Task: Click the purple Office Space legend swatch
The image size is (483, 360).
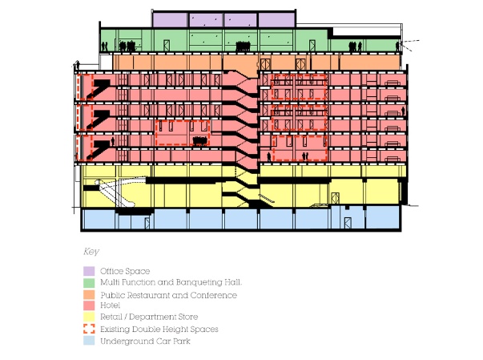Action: (x=89, y=271)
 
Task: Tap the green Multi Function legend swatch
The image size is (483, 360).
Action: (x=89, y=283)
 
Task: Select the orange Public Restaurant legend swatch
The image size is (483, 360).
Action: (x=89, y=295)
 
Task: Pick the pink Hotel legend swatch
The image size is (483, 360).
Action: (x=89, y=305)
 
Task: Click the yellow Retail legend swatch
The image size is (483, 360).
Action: (x=89, y=317)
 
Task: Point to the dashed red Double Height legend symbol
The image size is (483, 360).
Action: (x=89, y=329)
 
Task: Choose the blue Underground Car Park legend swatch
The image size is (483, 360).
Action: (x=89, y=341)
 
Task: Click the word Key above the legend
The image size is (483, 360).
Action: (x=91, y=252)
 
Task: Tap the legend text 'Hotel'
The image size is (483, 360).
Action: (x=111, y=305)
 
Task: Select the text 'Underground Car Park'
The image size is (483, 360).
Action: (x=146, y=342)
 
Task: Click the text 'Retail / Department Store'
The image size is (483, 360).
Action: (x=149, y=317)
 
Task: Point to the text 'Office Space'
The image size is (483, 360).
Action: (x=125, y=271)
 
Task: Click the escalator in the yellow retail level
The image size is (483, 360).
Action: (x=115, y=193)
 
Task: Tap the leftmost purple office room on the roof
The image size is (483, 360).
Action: (x=170, y=20)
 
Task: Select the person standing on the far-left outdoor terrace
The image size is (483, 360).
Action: (x=78, y=65)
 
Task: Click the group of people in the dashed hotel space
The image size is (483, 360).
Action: (x=199, y=141)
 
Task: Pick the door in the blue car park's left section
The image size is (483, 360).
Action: (x=147, y=223)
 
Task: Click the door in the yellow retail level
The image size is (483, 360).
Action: (x=335, y=198)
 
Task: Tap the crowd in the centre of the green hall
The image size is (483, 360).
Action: (x=243, y=47)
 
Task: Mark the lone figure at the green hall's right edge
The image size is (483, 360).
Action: (x=397, y=47)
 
